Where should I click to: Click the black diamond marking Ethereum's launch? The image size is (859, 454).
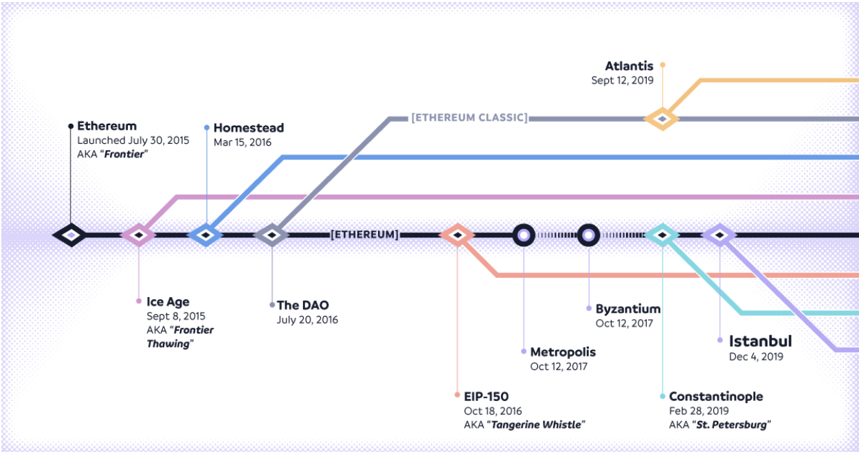pyautogui.click(x=71, y=235)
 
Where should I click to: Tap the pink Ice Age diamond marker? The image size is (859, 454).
pyautogui.click(x=139, y=235)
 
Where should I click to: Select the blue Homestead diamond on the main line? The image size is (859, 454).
pyautogui.click(x=206, y=235)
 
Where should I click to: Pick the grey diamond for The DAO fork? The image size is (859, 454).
pyautogui.click(x=272, y=235)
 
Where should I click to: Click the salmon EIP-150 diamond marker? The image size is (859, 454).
pyautogui.click(x=457, y=235)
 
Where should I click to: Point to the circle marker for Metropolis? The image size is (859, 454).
pyautogui.click(x=524, y=235)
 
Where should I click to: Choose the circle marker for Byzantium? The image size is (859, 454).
pyautogui.click(x=589, y=235)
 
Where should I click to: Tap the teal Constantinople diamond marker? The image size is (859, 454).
pyautogui.click(x=662, y=235)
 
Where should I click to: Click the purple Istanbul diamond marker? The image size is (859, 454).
pyautogui.click(x=719, y=235)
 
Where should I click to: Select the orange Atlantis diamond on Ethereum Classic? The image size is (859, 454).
pyautogui.click(x=662, y=119)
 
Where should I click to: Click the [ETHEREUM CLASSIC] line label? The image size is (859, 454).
pyautogui.click(x=469, y=118)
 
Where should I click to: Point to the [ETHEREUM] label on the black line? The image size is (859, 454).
pyautogui.click(x=365, y=235)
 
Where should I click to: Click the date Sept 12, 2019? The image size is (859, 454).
pyautogui.click(x=622, y=80)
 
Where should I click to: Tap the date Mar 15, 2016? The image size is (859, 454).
pyautogui.click(x=243, y=142)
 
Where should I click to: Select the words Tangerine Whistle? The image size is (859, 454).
pyautogui.click(x=536, y=425)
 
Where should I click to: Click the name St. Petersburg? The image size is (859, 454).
pyautogui.click(x=731, y=425)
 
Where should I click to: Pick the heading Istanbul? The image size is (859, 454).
pyautogui.click(x=760, y=340)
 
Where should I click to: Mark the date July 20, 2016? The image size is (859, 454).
pyautogui.click(x=308, y=320)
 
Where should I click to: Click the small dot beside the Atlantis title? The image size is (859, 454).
pyautogui.click(x=662, y=65)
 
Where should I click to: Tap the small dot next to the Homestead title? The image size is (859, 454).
pyautogui.click(x=207, y=127)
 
